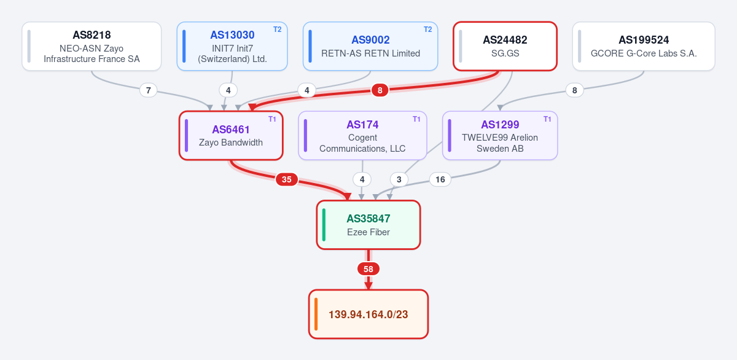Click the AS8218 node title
(92, 35)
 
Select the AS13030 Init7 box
(232, 46)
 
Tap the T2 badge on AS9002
(427, 29)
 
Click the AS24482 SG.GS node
(505, 46)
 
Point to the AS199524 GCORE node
(644, 46)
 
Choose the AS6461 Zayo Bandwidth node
(231, 136)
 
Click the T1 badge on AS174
(416, 119)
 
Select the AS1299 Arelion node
(500, 136)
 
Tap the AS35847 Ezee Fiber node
(368, 225)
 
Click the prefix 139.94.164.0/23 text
(368, 315)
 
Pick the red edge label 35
(287, 179)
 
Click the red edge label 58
(368, 269)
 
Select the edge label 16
(440, 179)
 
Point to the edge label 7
(149, 90)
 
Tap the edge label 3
(399, 179)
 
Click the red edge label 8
(380, 90)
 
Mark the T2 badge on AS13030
(277, 29)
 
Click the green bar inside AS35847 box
(324, 225)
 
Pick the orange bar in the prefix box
(316, 315)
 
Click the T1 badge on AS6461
(271, 119)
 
